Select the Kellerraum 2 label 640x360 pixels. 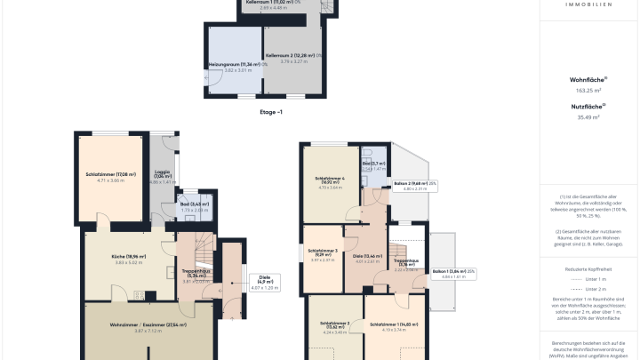[293, 56]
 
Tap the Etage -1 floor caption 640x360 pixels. [270, 112]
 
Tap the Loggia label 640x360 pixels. [162, 172]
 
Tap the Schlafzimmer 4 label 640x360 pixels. [330, 179]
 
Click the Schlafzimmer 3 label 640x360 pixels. [323, 251]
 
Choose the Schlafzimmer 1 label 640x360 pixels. [388, 324]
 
